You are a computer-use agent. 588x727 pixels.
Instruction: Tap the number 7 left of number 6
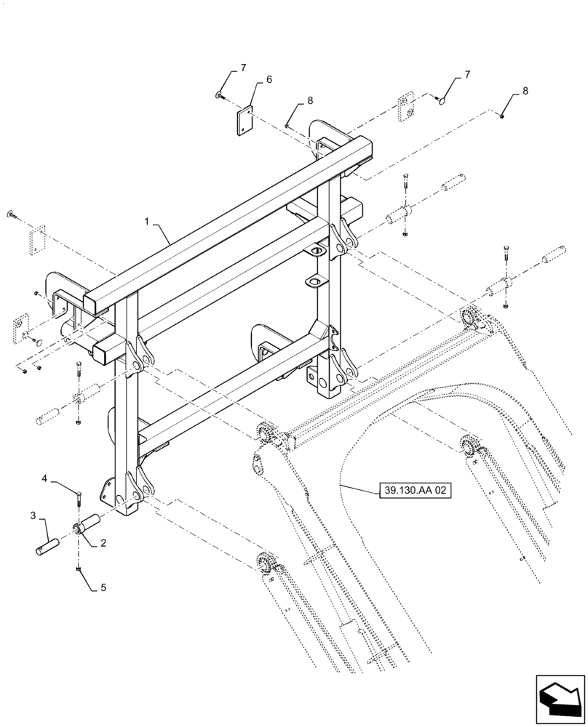click(x=243, y=68)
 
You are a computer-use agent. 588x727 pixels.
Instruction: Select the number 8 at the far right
click(x=525, y=91)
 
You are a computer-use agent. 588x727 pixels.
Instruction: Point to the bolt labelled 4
click(x=77, y=499)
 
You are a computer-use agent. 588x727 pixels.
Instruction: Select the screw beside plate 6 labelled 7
click(x=219, y=95)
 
